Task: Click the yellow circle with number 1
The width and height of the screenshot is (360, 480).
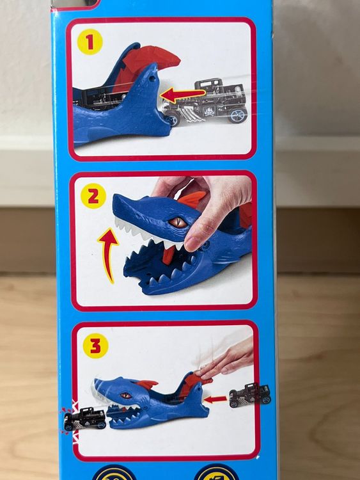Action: point(90,42)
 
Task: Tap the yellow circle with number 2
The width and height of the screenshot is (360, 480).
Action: point(93,196)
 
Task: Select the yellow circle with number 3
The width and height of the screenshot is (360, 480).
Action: point(95,346)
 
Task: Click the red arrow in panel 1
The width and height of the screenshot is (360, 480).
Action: point(183,95)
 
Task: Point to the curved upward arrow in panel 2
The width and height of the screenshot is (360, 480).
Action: point(109,254)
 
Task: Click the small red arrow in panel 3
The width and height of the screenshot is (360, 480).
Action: point(215,399)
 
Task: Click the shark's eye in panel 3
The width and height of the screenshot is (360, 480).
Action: point(126,396)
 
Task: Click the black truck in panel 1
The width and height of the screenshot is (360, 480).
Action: point(205,102)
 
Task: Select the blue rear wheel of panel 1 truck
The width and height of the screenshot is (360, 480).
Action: point(237,115)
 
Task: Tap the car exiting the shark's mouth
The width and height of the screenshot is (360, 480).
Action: point(84,419)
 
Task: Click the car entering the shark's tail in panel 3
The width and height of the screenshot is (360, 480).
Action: point(249,395)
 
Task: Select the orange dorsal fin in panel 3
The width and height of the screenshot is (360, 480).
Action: point(146,384)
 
